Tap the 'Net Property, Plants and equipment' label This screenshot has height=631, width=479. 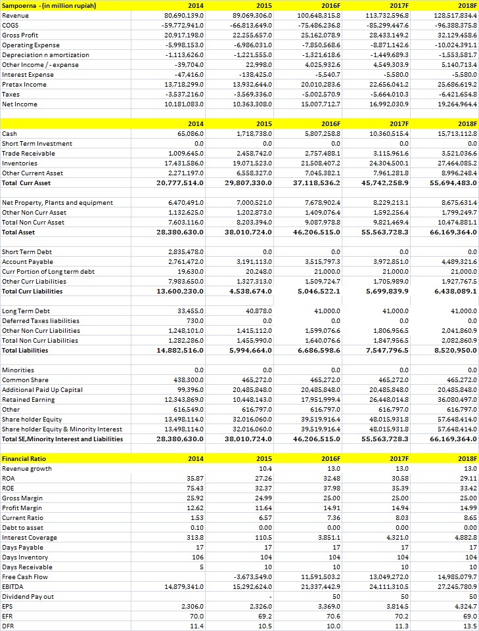(x=58, y=202)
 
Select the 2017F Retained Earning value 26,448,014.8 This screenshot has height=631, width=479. (x=387, y=399)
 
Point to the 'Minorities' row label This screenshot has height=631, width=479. (x=20, y=370)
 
